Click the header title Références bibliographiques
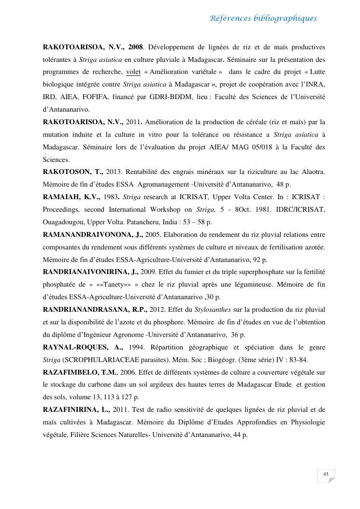point(263,19)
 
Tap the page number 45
point(326,474)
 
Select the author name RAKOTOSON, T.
point(73,172)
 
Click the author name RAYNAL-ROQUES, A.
point(83,347)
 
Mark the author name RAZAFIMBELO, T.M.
point(80,372)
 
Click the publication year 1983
point(111,197)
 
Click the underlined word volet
point(133,72)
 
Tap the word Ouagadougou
point(63,222)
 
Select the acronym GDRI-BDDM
point(175,97)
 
